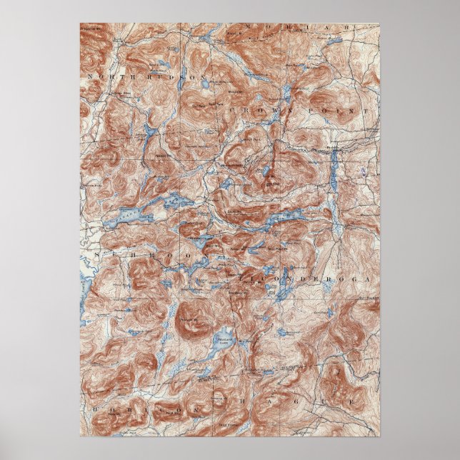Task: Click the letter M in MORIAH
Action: (x=249, y=28)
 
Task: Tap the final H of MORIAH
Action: (x=349, y=28)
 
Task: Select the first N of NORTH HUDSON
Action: (x=91, y=75)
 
